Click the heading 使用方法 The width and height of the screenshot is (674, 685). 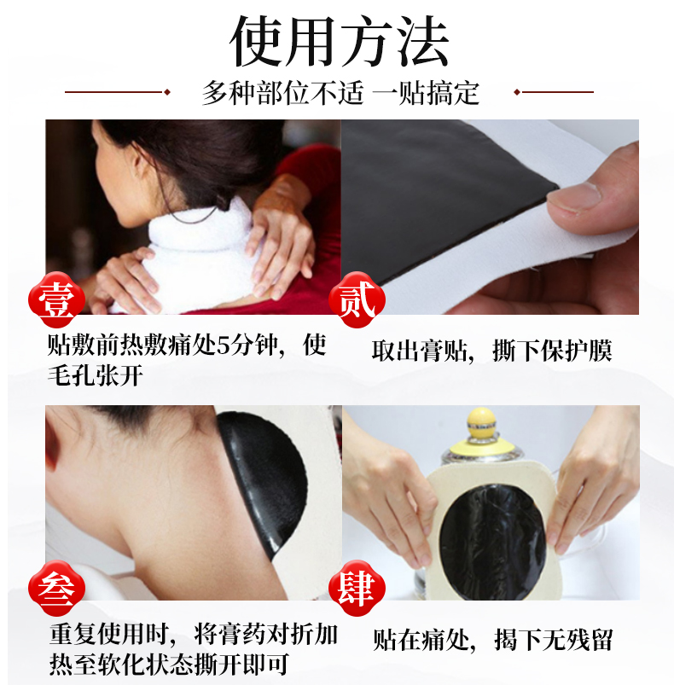(340, 42)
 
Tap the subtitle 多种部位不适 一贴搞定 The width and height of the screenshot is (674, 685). (340, 93)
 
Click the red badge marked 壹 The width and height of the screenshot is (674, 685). (56, 299)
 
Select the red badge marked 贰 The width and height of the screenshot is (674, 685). (357, 299)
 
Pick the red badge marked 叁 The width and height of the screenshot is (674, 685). (56, 588)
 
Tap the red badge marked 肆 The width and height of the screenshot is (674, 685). (357, 588)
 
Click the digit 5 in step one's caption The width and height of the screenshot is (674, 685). (224, 346)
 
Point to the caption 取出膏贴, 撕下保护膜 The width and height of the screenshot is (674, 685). (491, 351)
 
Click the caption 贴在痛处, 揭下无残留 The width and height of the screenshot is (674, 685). (493, 641)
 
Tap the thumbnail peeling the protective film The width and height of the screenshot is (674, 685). (490, 217)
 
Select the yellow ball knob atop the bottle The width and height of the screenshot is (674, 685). (481, 421)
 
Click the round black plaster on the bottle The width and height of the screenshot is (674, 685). (493, 542)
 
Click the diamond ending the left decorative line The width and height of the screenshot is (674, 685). (166, 92)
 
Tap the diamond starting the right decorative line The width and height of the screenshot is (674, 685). (517, 92)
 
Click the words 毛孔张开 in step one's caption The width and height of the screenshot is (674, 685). (96, 375)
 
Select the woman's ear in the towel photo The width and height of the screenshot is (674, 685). (142, 168)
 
